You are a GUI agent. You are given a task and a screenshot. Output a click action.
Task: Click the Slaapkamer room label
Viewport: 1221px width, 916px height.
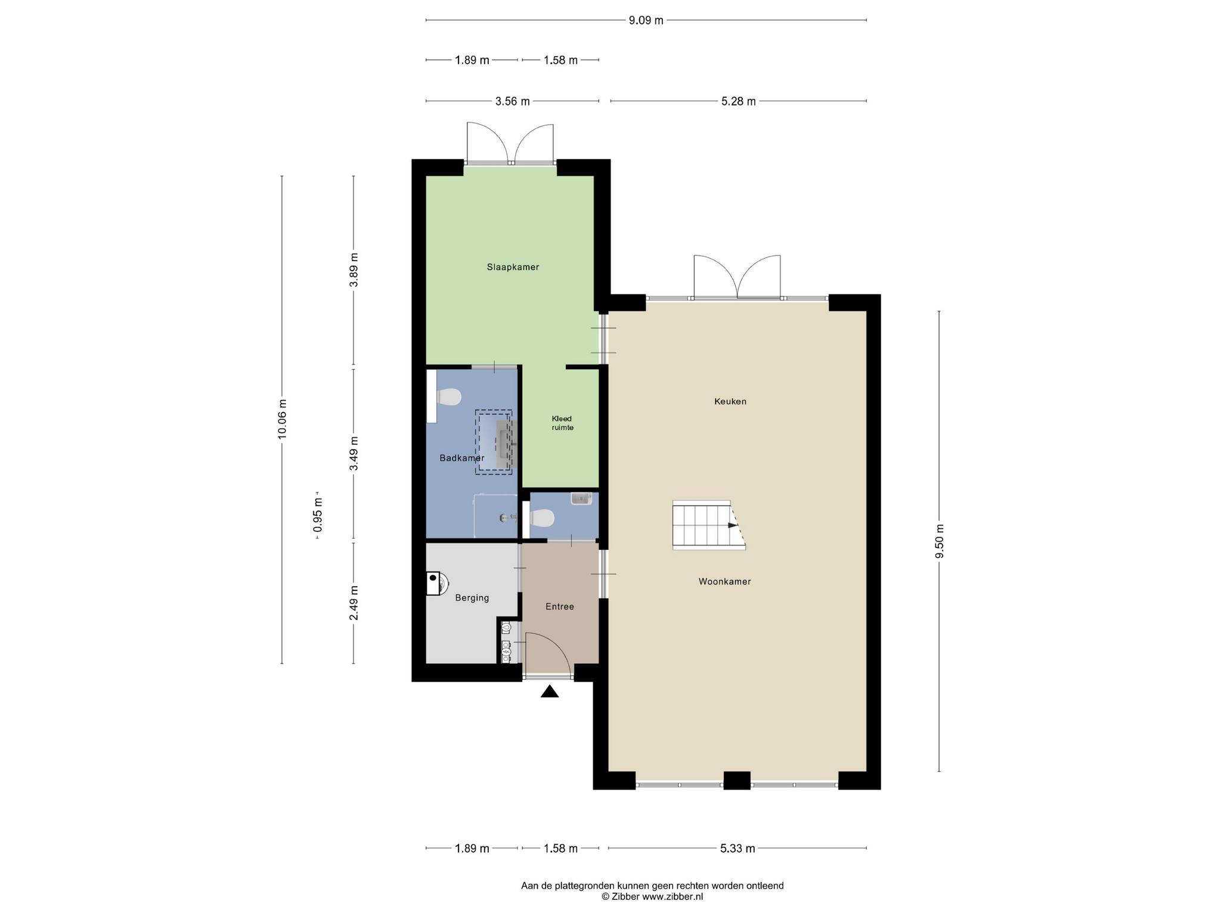point(513,267)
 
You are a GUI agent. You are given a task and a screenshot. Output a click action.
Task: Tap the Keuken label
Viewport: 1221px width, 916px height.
point(730,401)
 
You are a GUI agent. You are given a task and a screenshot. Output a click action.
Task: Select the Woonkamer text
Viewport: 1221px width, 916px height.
point(724,581)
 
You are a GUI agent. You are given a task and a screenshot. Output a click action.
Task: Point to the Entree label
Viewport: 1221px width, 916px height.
point(560,606)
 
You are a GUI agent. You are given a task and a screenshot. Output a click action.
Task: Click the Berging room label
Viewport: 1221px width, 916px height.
point(472,598)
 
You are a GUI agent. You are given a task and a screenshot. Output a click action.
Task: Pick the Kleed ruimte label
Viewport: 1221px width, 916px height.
point(562,423)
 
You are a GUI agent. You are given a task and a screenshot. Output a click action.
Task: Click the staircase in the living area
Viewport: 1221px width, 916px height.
point(709,525)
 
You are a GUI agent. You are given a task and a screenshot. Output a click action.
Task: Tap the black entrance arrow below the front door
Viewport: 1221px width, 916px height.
point(550,691)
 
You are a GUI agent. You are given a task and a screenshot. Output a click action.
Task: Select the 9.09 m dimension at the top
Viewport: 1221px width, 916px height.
point(646,20)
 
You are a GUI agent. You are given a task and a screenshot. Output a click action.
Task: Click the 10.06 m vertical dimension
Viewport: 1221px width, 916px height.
point(282,419)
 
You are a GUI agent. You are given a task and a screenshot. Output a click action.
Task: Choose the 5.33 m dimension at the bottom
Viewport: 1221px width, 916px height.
point(737,848)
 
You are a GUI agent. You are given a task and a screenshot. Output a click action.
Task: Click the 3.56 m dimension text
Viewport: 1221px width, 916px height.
point(513,101)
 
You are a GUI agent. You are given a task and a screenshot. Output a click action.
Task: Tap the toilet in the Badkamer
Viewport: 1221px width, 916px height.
point(449,397)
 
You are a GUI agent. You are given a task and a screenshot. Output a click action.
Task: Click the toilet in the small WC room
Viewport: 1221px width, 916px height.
point(542,518)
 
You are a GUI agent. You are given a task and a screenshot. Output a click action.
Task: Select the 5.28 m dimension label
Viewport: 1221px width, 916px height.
point(738,101)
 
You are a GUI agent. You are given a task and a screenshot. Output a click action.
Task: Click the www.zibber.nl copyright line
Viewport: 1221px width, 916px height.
point(652,896)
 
